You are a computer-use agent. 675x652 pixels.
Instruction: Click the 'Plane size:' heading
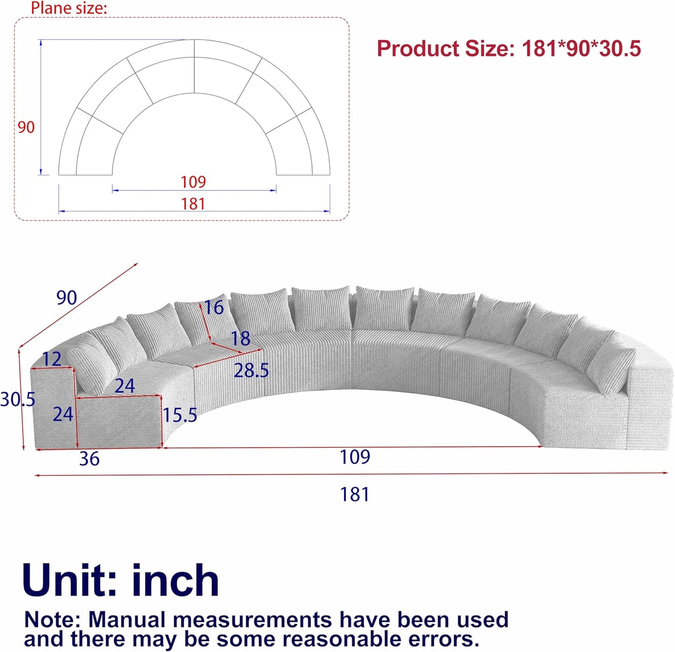[x=69, y=8]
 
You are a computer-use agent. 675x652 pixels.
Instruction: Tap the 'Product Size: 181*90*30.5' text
[x=509, y=48]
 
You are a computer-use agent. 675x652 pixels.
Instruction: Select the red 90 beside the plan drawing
[x=26, y=127]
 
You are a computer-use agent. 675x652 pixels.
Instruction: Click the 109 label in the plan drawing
[x=193, y=182]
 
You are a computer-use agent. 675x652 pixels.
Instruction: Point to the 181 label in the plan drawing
[x=193, y=204]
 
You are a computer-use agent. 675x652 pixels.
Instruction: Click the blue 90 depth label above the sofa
[x=67, y=297]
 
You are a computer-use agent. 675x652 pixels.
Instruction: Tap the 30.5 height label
[x=18, y=399]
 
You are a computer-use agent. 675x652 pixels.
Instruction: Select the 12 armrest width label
[x=52, y=359]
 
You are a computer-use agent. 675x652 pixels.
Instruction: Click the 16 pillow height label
[x=214, y=308]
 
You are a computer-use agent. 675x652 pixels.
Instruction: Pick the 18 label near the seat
[x=240, y=338]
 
